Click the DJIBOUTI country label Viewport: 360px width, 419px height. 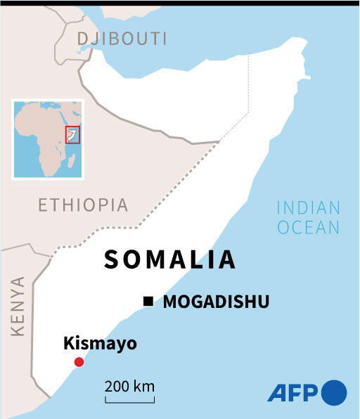[x=122, y=38]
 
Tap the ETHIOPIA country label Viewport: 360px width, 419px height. [x=83, y=205]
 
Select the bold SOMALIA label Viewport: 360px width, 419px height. [x=169, y=259]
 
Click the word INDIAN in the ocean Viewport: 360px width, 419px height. [x=309, y=208]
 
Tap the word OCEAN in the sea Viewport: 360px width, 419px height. [x=309, y=227]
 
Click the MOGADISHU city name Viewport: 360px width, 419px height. [x=216, y=302]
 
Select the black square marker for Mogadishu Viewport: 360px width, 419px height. [x=148, y=302]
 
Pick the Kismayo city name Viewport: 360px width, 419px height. [x=99, y=344]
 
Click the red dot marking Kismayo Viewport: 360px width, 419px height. [x=79, y=362]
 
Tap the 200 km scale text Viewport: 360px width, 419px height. [x=130, y=386]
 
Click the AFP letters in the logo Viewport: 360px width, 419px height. [x=293, y=392]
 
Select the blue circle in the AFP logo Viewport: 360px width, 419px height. [x=334, y=392]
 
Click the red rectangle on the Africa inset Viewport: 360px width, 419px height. [x=72, y=135]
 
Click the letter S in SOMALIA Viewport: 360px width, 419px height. [x=112, y=259]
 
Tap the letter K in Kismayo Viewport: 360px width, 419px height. [x=68, y=344]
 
